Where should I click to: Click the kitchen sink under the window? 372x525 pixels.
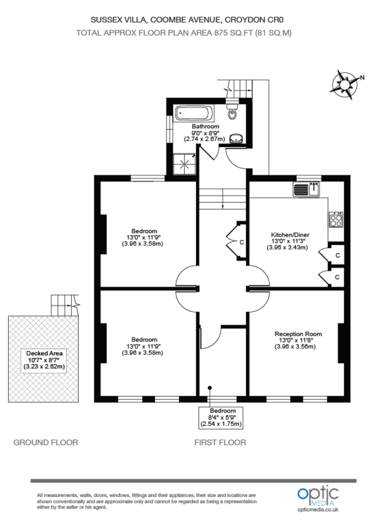pyautogui.click(x=308, y=189)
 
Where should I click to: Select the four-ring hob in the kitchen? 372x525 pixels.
pyautogui.click(x=336, y=219)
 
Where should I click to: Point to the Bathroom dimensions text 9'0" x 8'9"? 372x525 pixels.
pyautogui.click(x=205, y=133)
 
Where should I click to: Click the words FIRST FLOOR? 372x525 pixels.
pyautogui.click(x=220, y=442)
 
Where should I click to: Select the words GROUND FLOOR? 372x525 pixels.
pyautogui.click(x=46, y=442)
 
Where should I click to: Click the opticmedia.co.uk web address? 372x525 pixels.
pyautogui.click(x=318, y=510)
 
